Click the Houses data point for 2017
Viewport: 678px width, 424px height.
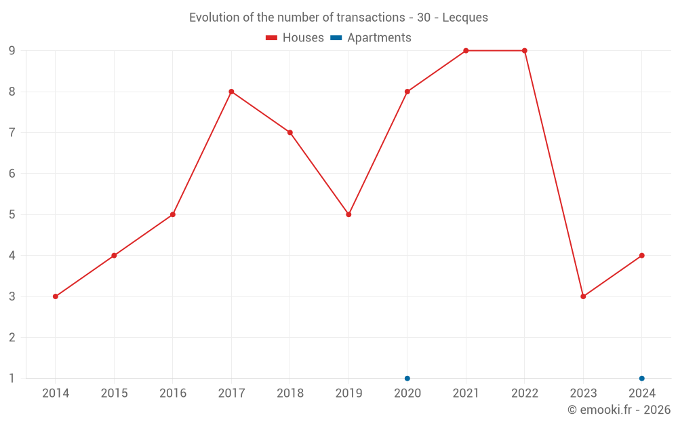click(231, 92)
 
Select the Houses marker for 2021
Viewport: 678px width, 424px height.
click(466, 51)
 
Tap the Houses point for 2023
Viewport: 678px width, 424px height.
click(583, 296)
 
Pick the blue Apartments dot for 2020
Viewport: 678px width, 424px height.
click(407, 378)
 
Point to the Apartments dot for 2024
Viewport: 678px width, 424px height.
click(641, 378)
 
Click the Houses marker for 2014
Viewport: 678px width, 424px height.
click(56, 296)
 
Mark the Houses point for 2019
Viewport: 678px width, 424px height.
click(348, 214)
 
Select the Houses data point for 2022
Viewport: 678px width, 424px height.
click(525, 51)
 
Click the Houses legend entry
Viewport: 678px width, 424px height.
click(295, 38)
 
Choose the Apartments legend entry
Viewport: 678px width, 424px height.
click(371, 38)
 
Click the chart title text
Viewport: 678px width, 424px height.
click(338, 18)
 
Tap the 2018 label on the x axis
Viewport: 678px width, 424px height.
click(290, 393)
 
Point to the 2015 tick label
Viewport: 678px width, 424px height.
click(114, 393)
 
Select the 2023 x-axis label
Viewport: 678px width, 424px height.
click(583, 393)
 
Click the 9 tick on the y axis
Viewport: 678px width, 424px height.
click(12, 51)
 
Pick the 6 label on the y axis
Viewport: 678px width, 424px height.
click(12, 174)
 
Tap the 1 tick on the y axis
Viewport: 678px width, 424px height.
click(12, 378)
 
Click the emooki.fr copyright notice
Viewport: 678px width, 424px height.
click(618, 410)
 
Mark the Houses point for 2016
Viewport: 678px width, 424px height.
click(173, 214)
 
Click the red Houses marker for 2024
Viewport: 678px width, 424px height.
click(641, 256)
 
